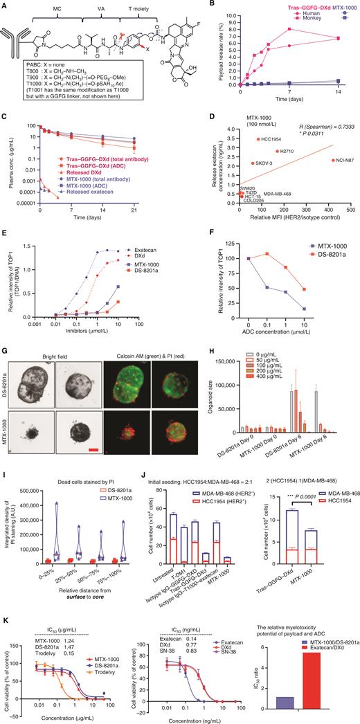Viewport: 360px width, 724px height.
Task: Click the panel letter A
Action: tap(4, 6)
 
